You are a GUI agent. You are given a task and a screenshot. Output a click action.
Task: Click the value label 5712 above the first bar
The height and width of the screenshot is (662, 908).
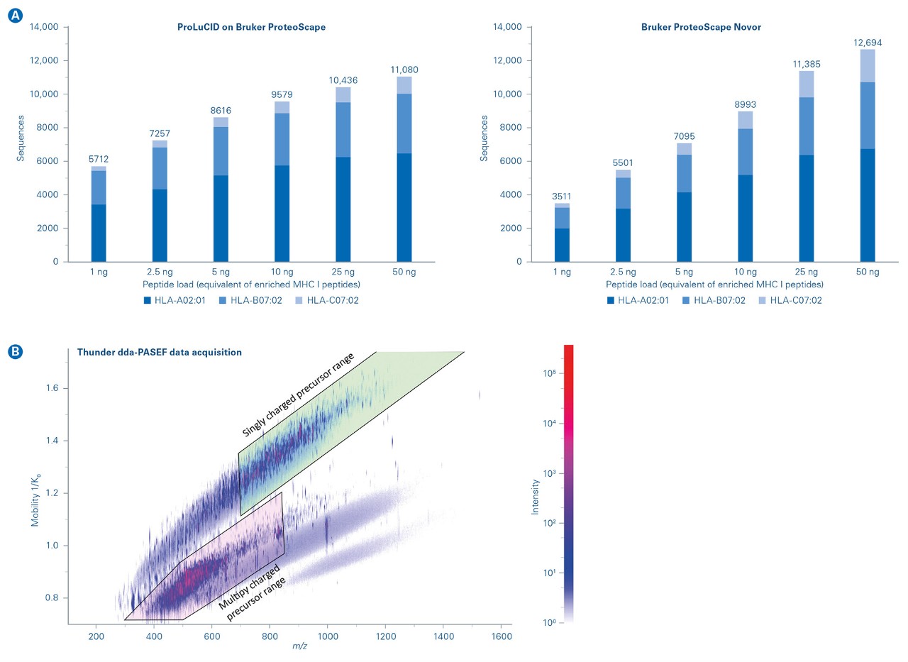98,159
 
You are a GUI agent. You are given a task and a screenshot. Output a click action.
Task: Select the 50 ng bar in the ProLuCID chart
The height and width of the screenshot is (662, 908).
404,170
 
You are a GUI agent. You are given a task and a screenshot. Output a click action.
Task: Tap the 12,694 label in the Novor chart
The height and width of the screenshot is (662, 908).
867,43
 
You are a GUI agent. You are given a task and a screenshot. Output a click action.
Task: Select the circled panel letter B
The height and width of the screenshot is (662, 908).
15,350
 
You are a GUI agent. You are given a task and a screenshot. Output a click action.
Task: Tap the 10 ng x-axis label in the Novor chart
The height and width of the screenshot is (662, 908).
745,272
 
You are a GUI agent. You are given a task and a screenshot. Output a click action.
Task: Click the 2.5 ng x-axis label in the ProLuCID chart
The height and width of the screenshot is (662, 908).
160,272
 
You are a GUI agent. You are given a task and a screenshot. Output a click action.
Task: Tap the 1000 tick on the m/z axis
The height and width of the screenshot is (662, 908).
327,636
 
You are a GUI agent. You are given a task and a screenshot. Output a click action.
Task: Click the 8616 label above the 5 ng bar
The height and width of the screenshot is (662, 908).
221,111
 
